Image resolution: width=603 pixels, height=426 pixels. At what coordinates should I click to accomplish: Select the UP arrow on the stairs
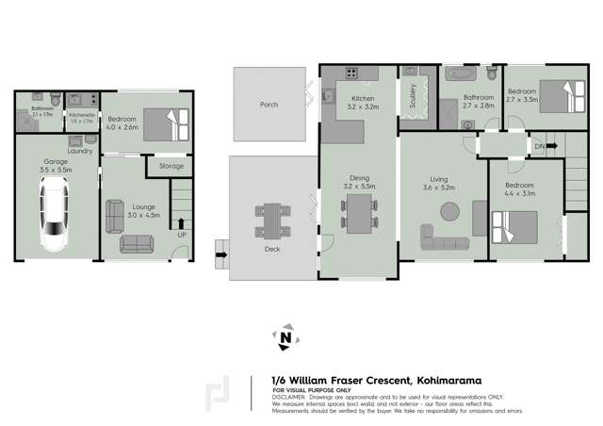coord(181,224)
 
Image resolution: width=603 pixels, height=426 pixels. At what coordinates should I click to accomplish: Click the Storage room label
coord(171,166)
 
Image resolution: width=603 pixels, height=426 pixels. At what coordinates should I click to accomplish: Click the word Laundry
coord(80,151)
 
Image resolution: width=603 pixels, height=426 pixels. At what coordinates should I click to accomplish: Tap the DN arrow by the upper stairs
coord(538,146)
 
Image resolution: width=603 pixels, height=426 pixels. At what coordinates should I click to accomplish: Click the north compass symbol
coord(285,336)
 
